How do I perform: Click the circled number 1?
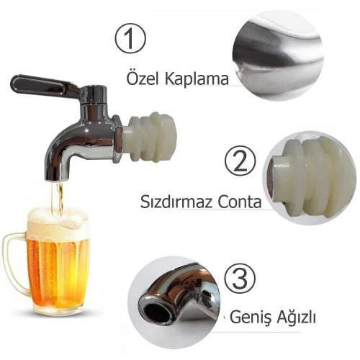point(130,38)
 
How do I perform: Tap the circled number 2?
point(240,161)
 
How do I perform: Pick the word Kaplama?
point(197,78)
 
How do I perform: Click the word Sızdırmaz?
point(176,201)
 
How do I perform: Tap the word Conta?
point(239,202)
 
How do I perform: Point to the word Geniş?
point(251,317)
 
